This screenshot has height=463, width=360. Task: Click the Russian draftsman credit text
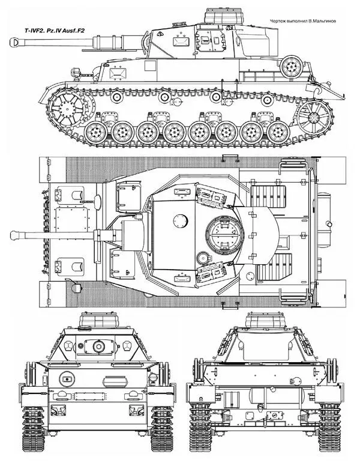pos(303,21)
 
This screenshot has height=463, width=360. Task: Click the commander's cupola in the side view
pos(224,16)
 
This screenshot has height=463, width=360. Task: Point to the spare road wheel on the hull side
pos(292,67)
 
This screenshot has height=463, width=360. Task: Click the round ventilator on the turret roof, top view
pos(180,220)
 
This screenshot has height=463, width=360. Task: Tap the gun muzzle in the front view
pos(98,346)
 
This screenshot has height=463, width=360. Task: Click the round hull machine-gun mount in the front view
pos(67,378)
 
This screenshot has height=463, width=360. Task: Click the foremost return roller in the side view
pos(117,97)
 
